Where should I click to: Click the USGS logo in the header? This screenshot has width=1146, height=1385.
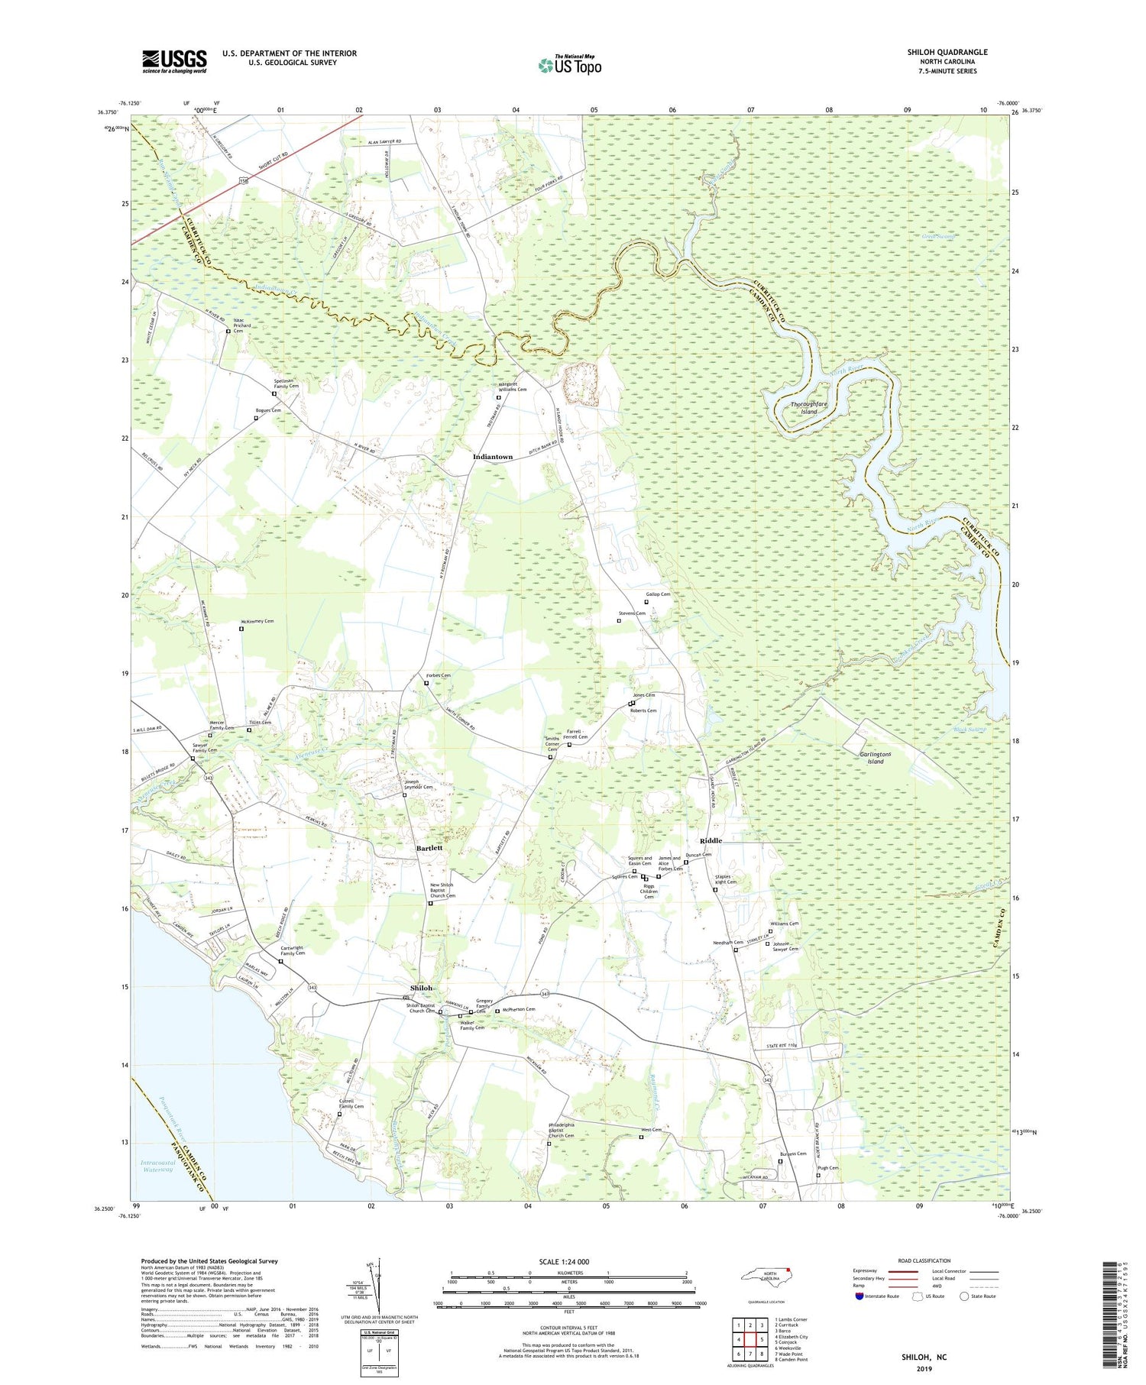coord(174,61)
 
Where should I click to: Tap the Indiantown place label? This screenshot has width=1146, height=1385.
coord(493,457)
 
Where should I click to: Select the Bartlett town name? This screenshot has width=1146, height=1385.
coord(429,848)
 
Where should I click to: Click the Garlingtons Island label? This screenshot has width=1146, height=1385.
coord(871,757)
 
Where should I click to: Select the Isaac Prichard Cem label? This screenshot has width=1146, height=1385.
coord(242,327)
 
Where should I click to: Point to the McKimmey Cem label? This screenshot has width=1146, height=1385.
coord(257,621)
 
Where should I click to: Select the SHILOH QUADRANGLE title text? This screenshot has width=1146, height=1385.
coord(947,52)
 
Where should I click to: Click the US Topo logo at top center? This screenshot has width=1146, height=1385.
coord(569,66)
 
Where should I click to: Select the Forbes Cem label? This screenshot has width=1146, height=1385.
coord(439,675)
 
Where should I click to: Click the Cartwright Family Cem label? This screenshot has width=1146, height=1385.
coord(292,950)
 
